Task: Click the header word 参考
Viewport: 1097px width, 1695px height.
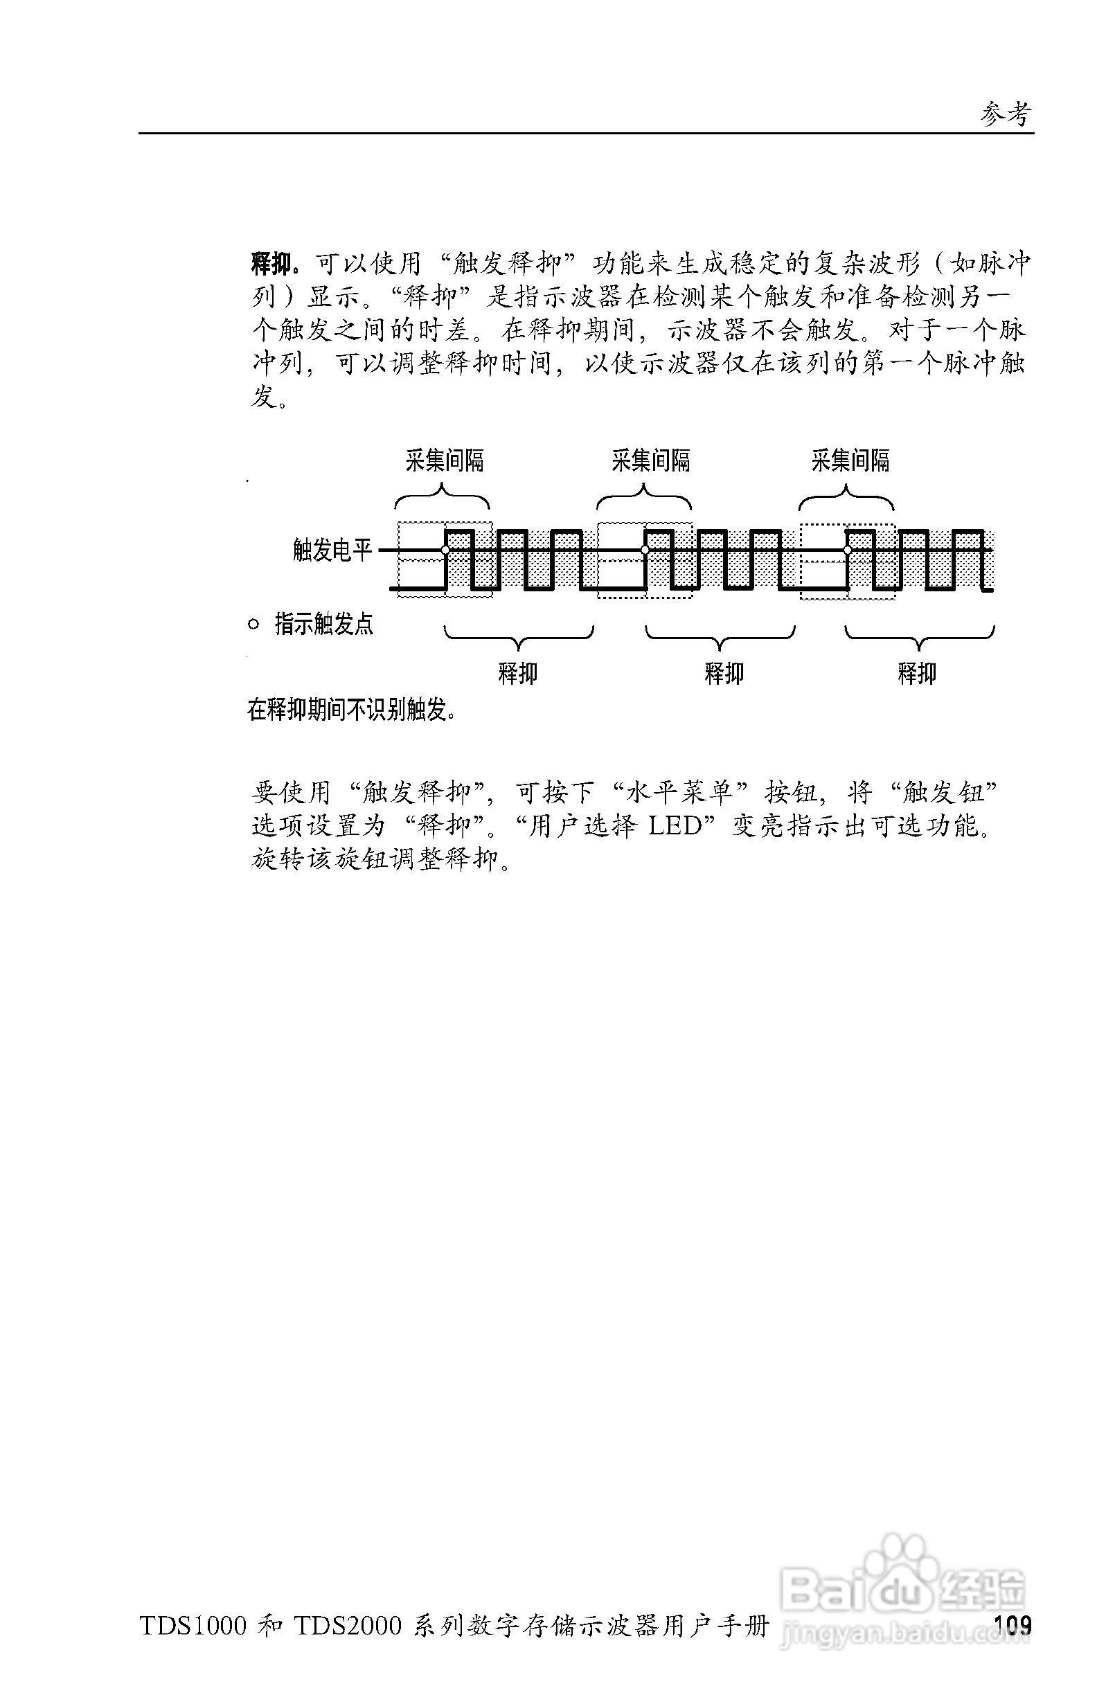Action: point(1006,114)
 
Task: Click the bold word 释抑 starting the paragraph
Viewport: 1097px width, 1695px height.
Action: point(271,265)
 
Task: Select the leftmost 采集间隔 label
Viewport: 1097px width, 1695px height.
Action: point(445,460)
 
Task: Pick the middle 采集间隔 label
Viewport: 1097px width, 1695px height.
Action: point(650,460)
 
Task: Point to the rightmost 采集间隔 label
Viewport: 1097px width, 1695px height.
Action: point(850,460)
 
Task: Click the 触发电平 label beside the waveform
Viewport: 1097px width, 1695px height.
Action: point(332,550)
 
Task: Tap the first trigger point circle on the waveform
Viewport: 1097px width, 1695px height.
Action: point(445,550)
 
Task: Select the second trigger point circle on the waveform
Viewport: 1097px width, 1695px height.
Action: point(645,550)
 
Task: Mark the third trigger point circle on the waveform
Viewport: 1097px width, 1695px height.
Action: point(847,550)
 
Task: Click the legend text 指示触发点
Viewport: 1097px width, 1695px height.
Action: point(324,625)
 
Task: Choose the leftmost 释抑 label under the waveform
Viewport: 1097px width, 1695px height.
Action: point(518,673)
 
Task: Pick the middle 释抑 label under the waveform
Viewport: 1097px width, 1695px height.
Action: point(724,673)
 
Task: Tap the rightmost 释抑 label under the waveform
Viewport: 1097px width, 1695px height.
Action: point(917,673)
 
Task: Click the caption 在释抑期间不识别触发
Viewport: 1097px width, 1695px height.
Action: point(351,709)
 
